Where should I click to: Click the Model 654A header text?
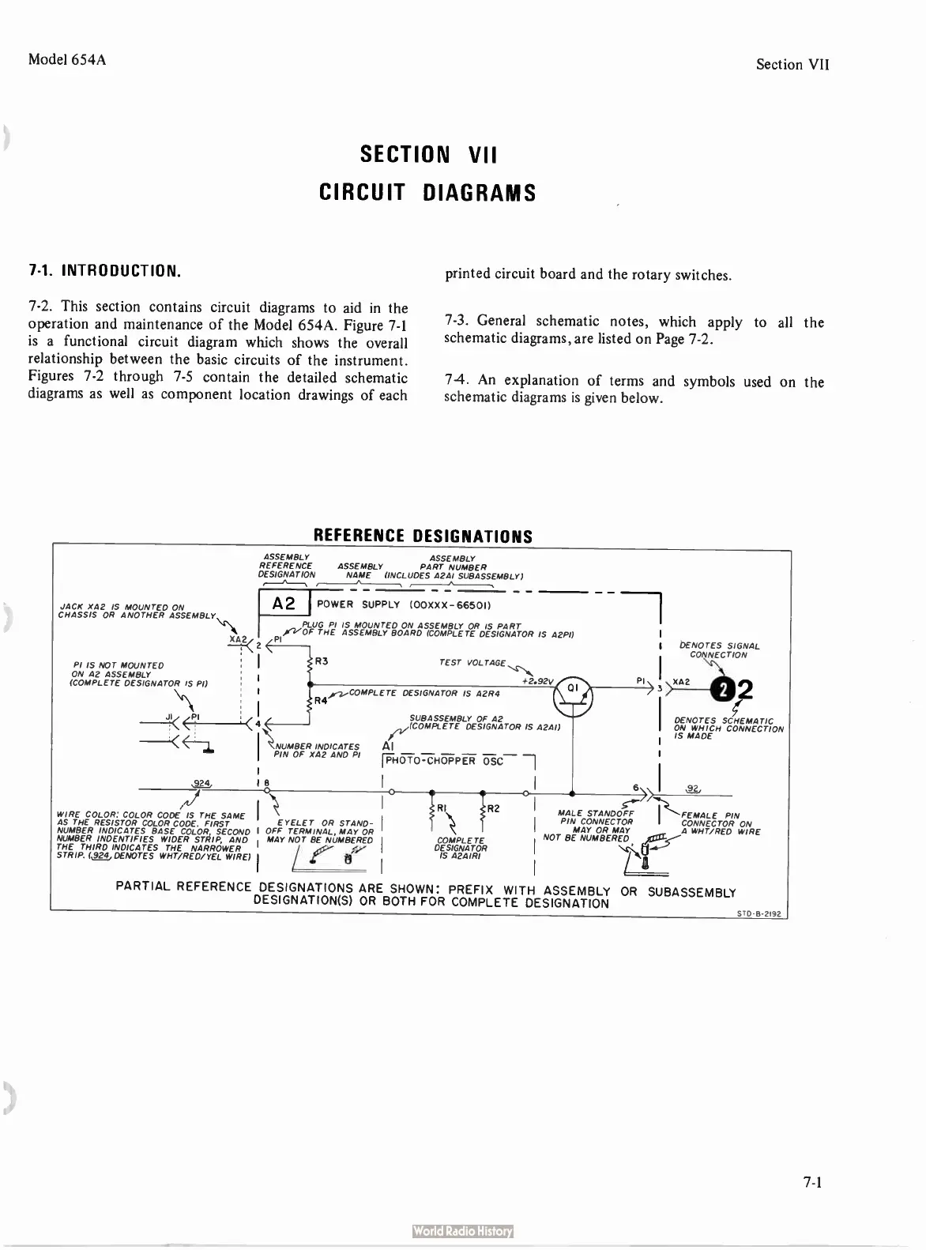point(66,59)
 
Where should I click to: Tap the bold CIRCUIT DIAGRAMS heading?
point(427,192)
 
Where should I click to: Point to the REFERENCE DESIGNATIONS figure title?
point(423,536)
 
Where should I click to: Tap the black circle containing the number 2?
point(724,690)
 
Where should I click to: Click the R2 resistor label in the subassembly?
point(493,808)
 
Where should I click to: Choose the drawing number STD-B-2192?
point(759,913)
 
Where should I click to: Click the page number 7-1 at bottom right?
point(813,1182)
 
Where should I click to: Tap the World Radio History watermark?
point(463,1231)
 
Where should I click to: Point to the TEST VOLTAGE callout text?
point(472,662)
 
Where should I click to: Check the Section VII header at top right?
point(792,65)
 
